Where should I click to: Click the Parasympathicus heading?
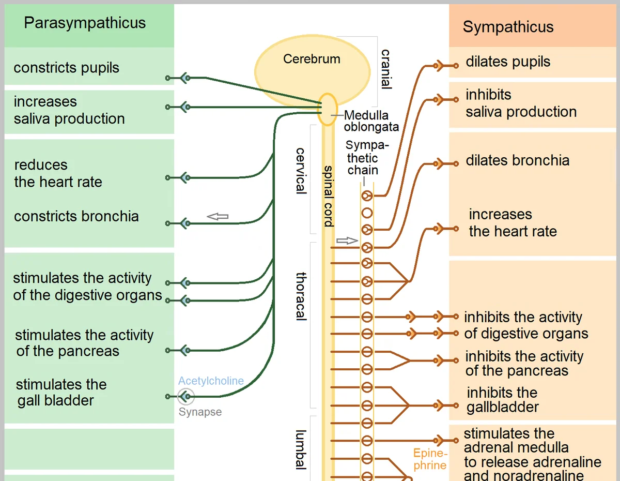(85, 23)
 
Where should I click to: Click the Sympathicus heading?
(508, 27)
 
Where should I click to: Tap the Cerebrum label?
(312, 59)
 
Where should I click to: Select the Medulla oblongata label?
(371, 121)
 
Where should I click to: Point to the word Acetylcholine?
(211, 381)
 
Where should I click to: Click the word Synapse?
(200, 412)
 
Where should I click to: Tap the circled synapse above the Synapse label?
(186, 397)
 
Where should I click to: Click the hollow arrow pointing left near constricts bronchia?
(218, 217)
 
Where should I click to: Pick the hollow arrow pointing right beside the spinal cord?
(347, 240)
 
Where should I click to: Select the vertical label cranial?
(386, 69)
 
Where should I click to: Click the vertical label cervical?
(301, 171)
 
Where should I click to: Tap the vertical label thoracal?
(301, 296)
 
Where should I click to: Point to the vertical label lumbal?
(301, 450)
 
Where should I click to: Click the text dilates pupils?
(508, 62)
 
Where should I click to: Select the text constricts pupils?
(66, 68)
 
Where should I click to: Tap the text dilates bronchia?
(518, 160)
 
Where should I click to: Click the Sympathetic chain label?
(367, 158)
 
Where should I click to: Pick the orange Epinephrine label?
(430, 459)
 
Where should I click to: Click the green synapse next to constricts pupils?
(186, 78)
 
